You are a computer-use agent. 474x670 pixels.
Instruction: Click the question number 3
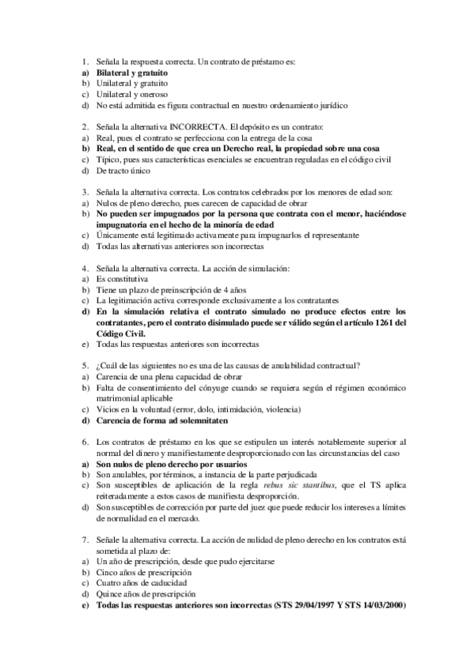click(x=85, y=191)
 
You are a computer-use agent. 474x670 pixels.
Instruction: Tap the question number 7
click(x=85, y=539)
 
